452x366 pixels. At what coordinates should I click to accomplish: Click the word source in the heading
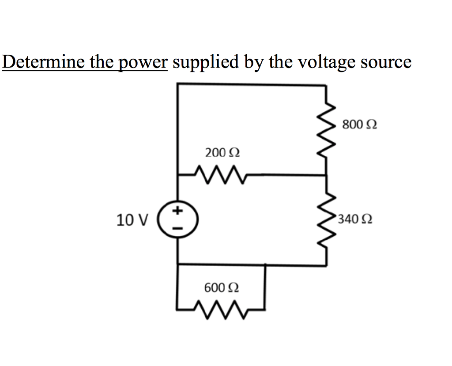tap(386, 62)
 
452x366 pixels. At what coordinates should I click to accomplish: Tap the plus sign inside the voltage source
tap(177, 211)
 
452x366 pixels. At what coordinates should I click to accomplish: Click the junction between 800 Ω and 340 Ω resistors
tap(327, 175)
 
